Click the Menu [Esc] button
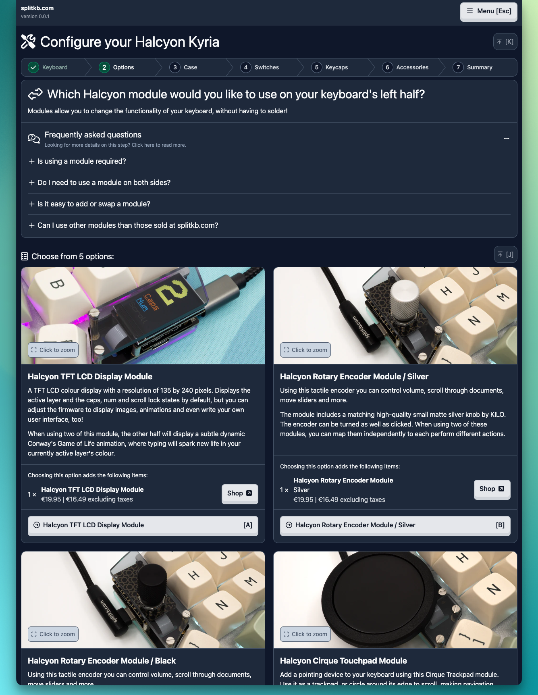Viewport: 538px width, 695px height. tap(488, 11)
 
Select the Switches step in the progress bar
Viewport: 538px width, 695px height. tap(260, 67)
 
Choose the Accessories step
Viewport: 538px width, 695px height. tap(405, 67)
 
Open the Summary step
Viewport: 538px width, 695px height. tap(472, 67)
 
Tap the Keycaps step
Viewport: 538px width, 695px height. tap(330, 67)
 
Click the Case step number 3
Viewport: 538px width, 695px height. tap(175, 67)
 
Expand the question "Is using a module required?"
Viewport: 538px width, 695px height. tap(77, 161)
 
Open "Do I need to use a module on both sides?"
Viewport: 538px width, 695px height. tap(100, 183)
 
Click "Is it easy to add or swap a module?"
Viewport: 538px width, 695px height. tap(89, 204)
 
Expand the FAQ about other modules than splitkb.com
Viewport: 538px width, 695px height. tap(123, 225)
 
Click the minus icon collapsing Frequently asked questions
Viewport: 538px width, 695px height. tap(507, 139)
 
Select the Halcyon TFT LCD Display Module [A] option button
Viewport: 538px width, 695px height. tap(143, 525)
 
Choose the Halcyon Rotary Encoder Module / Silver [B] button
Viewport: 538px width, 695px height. tap(395, 525)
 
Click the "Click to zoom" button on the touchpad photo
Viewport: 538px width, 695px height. tap(305, 634)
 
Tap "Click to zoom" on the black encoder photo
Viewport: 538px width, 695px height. tap(53, 634)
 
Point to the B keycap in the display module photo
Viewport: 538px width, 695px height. tap(56, 286)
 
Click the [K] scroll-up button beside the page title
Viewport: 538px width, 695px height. tap(505, 42)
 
